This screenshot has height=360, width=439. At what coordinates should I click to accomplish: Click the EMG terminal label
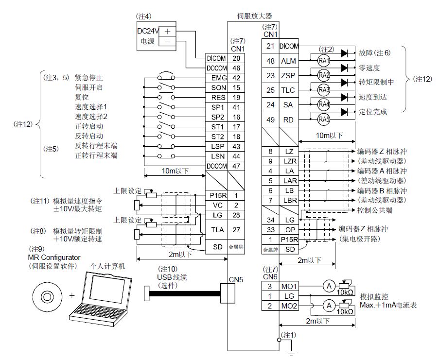point(215,78)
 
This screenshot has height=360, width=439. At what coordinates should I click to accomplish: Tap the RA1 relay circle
point(324,61)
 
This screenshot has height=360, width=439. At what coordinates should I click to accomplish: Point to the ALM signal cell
point(288,61)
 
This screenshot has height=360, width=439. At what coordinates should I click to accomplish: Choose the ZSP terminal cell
point(288,76)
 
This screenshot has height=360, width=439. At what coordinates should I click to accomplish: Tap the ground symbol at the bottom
point(291,351)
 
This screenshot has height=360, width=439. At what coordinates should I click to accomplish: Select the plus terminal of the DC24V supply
point(167,30)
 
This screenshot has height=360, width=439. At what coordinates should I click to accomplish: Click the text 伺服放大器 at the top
point(255,16)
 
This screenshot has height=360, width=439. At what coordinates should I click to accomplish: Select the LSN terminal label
point(215,156)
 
